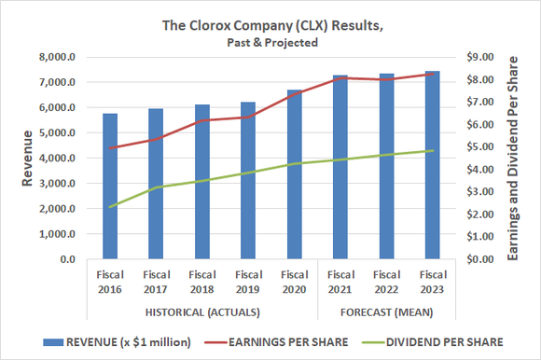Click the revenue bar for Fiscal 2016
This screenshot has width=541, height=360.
110,187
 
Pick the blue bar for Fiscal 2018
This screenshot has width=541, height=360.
201,182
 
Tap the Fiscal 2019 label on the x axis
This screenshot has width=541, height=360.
248,281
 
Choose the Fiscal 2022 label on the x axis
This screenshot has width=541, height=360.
386,281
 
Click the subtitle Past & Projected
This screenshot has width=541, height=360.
270,42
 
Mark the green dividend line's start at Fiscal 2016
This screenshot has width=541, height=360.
110,207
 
